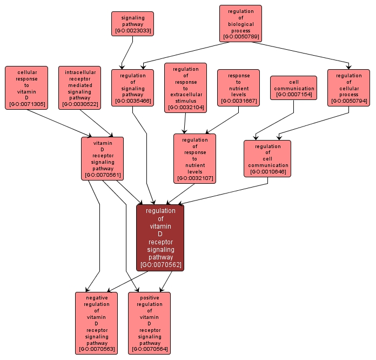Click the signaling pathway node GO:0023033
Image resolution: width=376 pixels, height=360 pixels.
click(x=132, y=24)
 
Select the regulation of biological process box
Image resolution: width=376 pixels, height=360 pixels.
click(x=240, y=24)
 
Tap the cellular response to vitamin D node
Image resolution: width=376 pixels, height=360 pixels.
click(x=26, y=88)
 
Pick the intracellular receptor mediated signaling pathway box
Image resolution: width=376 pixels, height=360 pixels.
click(x=80, y=88)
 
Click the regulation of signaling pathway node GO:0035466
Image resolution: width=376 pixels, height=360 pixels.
click(x=132, y=88)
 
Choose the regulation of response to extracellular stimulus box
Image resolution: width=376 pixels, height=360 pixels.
click(x=185, y=88)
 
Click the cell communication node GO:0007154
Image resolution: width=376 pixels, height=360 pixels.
click(x=293, y=88)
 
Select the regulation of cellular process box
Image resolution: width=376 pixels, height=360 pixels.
click(x=348, y=88)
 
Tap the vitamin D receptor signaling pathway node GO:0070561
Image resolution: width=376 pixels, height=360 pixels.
click(x=102, y=158)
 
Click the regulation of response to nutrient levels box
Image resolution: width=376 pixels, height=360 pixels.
click(x=194, y=158)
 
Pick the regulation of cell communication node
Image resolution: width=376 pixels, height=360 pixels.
click(x=267, y=158)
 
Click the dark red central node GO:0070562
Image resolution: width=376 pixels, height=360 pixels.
click(x=160, y=238)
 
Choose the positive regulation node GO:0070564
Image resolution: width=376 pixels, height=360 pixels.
click(x=149, y=323)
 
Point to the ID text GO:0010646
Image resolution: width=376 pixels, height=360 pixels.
click(x=267, y=172)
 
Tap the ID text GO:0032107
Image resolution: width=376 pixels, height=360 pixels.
click(x=194, y=178)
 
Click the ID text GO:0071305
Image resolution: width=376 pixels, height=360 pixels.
click(x=26, y=104)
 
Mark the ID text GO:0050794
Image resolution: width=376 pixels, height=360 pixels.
click(x=348, y=101)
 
